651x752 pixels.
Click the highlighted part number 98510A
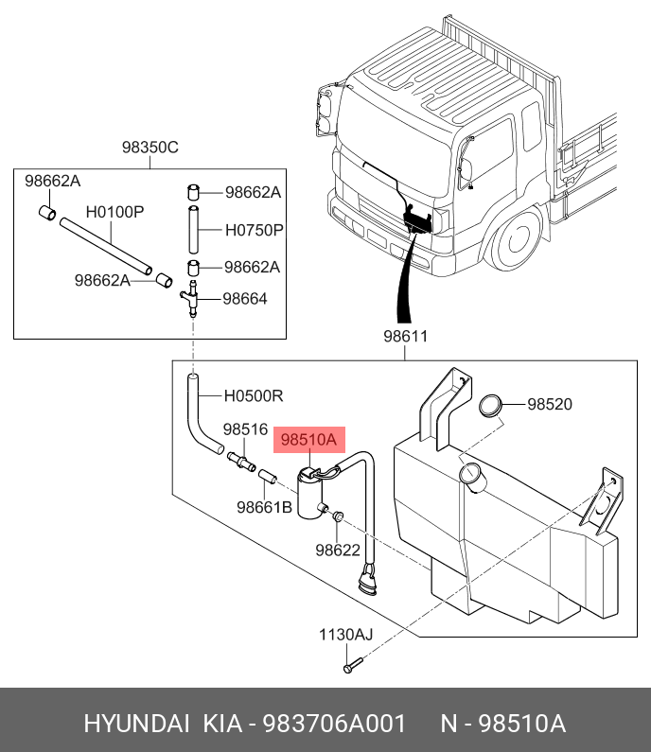coord(309,440)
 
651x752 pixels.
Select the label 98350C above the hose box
coord(150,148)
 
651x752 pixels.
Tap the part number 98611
coord(406,337)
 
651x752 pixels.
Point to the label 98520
coord(550,404)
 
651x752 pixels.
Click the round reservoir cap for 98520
coord(490,405)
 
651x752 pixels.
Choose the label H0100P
coord(114,212)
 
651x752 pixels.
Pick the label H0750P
coord(255,230)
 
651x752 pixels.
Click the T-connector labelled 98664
coord(192,300)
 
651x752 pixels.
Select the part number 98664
coord(245,299)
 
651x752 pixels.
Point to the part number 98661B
coord(264,507)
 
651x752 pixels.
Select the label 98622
coord(339,550)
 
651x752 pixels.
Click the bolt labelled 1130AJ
coord(348,667)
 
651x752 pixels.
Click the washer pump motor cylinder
coord(310,495)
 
